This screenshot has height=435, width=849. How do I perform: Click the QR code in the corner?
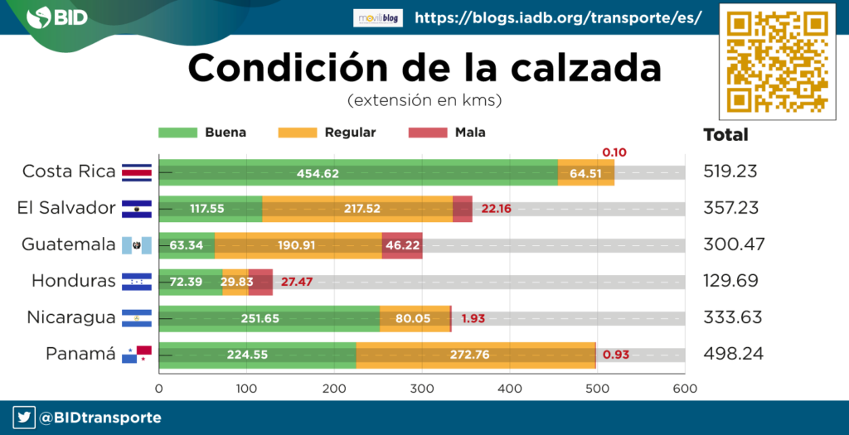[777, 63]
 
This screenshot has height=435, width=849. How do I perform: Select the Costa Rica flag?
[136, 172]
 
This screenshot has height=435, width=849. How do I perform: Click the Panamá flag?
[136, 355]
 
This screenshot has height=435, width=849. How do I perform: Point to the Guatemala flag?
[136, 245]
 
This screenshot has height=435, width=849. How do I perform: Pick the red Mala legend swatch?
[429, 133]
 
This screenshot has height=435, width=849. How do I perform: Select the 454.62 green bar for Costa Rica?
[358, 172]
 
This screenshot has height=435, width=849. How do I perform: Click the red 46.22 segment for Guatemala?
[402, 245]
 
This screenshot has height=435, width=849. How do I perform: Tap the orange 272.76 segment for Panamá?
[475, 355]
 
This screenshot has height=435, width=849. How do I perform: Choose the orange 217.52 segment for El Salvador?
[357, 209]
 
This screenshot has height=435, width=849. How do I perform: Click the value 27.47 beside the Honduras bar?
[296, 282]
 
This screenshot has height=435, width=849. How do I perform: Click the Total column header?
[725, 135]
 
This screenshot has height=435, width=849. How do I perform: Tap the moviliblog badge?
[377, 17]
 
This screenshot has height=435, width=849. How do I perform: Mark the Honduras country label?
[73, 281]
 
